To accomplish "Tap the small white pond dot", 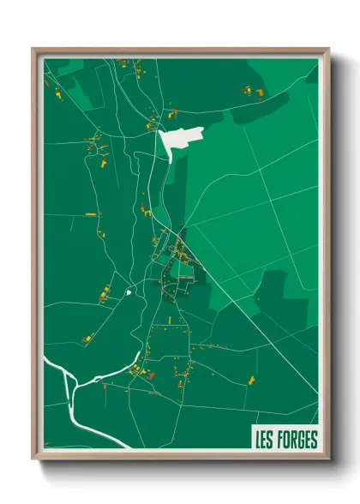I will coord(129,292).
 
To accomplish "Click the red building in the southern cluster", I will coord(151,375).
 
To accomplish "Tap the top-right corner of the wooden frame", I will coord(327,49).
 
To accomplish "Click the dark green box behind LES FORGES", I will coord(285,440).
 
